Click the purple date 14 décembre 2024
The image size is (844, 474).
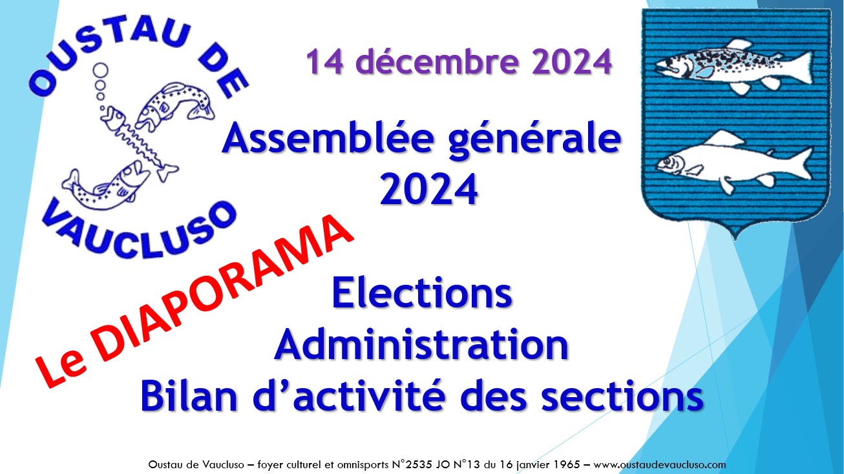click(x=459, y=62)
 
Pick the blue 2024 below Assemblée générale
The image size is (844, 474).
click(x=429, y=189)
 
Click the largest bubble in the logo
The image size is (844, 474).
click(x=101, y=70)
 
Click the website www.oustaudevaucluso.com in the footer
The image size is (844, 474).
click(x=659, y=464)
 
